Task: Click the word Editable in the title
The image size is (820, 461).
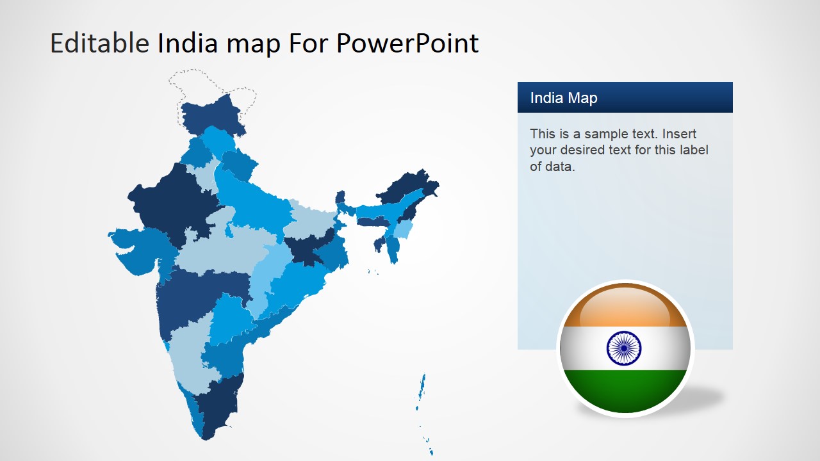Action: pos(99,43)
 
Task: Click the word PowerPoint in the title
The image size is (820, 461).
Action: pos(407,43)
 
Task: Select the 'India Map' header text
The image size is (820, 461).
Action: pos(564,98)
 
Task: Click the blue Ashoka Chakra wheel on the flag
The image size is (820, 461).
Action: pos(624,348)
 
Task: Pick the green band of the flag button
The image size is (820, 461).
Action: pos(625,390)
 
